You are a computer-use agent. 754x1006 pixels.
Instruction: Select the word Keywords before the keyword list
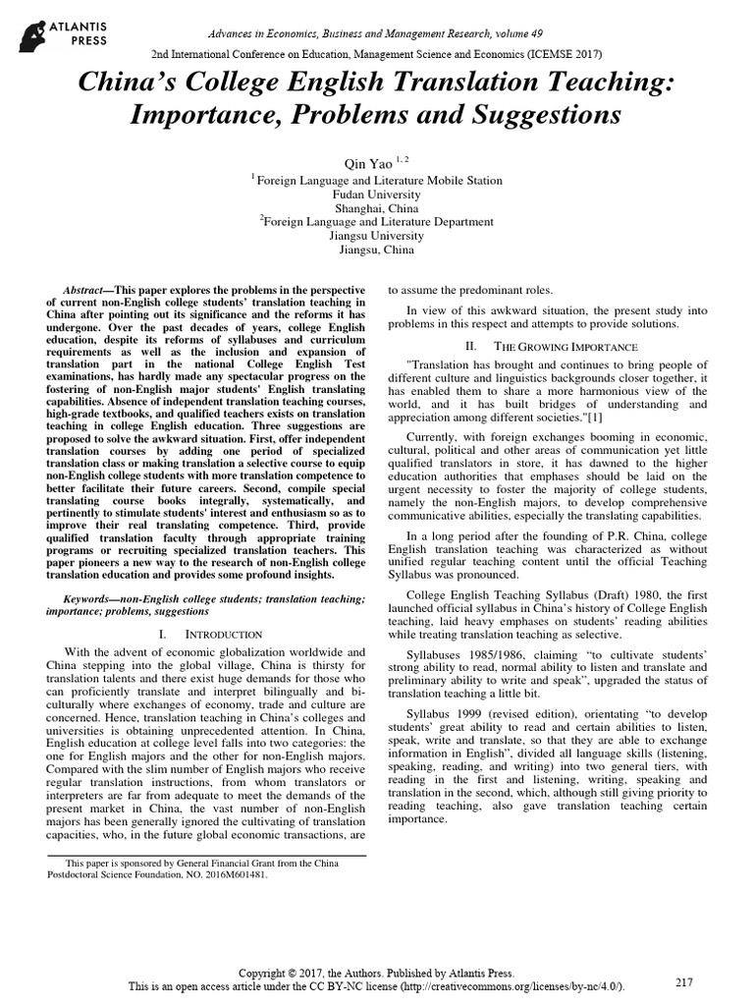[x=87, y=598]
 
